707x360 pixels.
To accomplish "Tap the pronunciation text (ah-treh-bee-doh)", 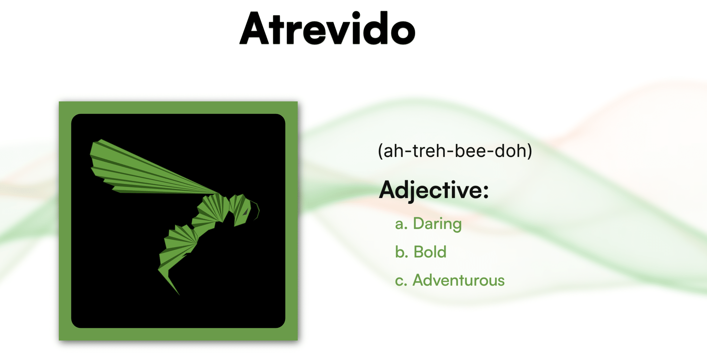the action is pos(455,151).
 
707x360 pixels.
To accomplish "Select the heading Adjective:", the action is pos(434,190).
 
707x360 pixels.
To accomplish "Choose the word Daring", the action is pos(437,224).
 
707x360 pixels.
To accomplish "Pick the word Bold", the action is pos(430,252).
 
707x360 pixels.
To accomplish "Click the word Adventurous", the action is pos(459,280).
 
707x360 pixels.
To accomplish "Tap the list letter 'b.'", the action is pos(402,252).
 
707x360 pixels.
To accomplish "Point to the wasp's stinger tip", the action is pos(179,295).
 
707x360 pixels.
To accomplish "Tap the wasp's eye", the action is pos(246,212).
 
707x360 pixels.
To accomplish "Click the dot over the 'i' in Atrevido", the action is pos(356,15).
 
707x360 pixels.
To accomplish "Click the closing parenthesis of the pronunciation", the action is pos(529,151).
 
